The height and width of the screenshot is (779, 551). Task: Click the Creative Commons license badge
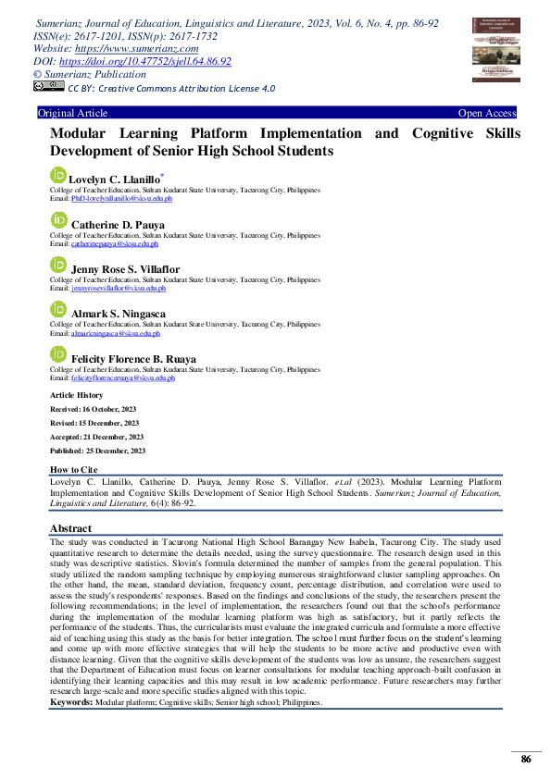48,87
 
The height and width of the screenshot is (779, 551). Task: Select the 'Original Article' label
72,114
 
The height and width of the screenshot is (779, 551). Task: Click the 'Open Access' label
487,114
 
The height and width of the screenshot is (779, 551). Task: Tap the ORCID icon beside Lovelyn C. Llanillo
58,174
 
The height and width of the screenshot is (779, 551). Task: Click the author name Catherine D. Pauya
118,225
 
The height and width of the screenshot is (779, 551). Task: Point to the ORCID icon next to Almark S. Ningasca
58,310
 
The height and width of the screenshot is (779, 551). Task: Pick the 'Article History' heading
76,395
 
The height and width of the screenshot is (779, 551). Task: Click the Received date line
94,409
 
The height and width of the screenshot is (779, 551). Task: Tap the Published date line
97,451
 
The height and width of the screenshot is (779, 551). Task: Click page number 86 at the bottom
526,759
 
